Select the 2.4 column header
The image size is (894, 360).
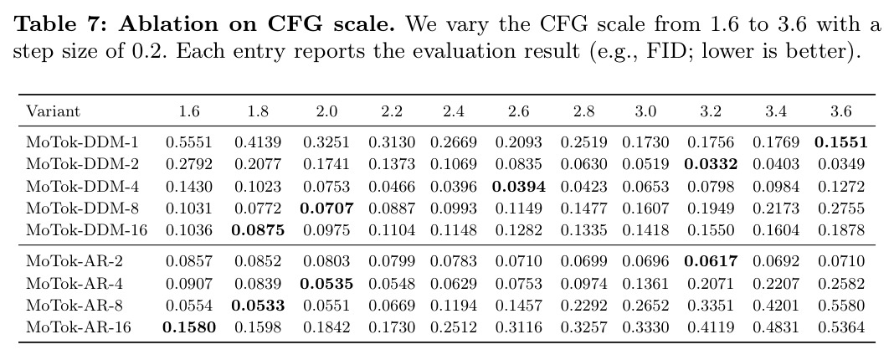(453, 111)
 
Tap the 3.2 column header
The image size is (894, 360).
(711, 111)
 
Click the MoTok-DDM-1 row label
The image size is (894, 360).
(82, 142)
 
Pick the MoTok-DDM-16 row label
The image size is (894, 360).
(87, 230)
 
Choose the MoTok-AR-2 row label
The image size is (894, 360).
(74, 261)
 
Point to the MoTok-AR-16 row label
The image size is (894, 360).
(79, 327)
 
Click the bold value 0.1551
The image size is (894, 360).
(840, 142)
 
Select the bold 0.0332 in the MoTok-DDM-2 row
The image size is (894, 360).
(711, 164)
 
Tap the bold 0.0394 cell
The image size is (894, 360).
(519, 187)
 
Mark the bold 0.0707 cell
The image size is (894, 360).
(326, 208)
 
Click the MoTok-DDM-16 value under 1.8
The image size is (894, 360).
(258, 230)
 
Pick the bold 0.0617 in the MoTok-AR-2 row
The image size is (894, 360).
(711, 261)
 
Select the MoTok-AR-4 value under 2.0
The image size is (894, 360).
(326, 284)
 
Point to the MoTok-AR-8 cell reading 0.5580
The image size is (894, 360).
(841, 306)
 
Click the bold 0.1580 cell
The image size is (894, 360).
(189, 327)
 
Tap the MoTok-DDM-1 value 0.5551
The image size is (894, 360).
(188, 142)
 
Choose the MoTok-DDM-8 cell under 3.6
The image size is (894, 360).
(841, 208)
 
